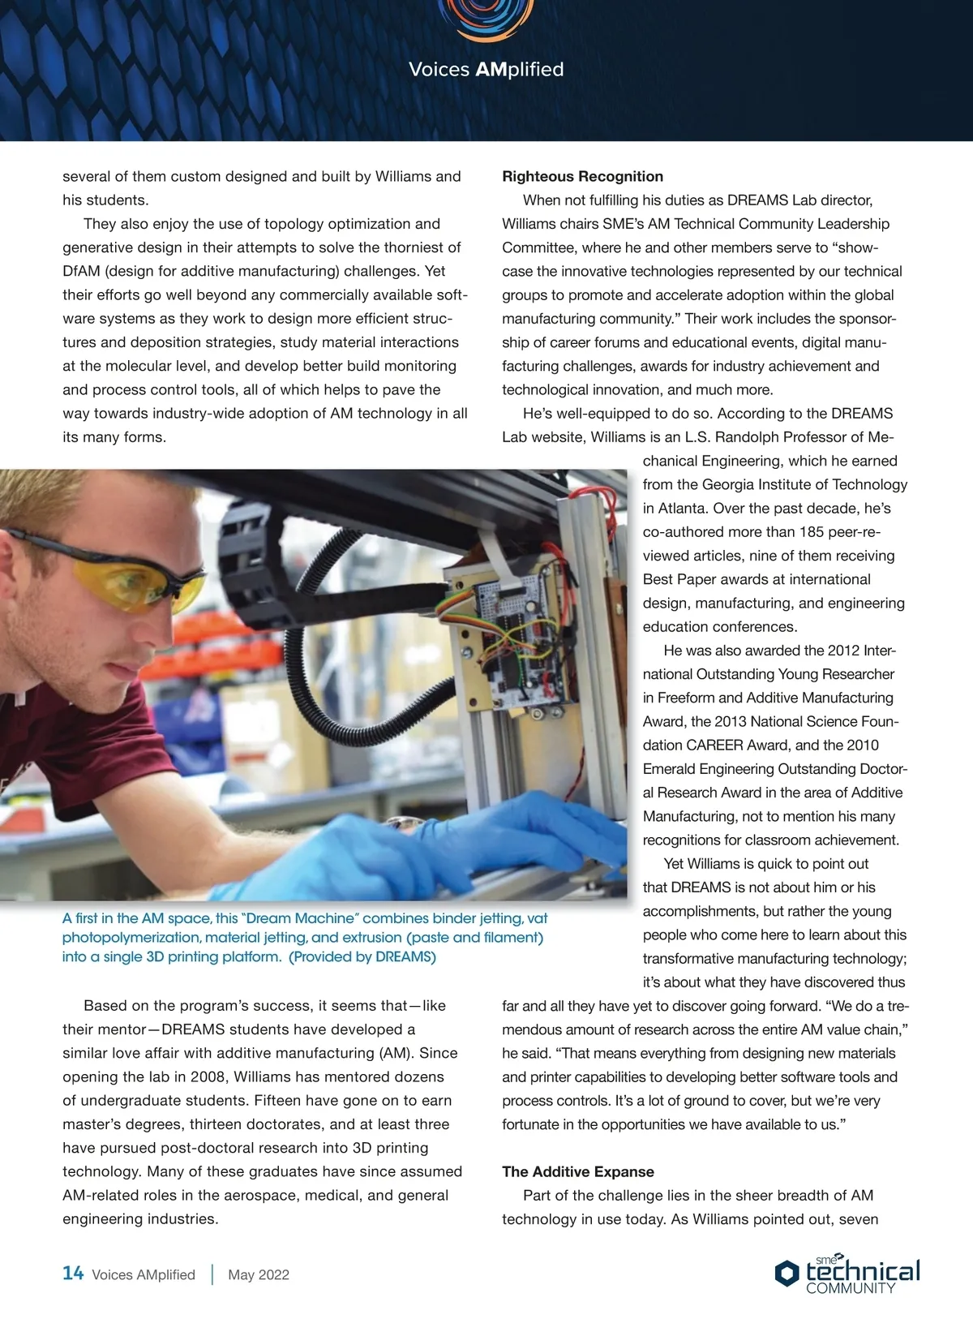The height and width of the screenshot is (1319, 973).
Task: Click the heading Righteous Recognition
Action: [582, 177]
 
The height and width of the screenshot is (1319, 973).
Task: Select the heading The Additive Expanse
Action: [577, 1171]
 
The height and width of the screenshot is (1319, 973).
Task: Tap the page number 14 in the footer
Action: [73, 1274]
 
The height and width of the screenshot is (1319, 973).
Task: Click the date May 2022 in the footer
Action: [259, 1274]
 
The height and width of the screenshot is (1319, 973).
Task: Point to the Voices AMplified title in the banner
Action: [486, 70]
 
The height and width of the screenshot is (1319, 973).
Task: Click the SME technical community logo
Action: [848, 1274]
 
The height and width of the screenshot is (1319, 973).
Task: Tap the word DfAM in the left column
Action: [81, 271]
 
